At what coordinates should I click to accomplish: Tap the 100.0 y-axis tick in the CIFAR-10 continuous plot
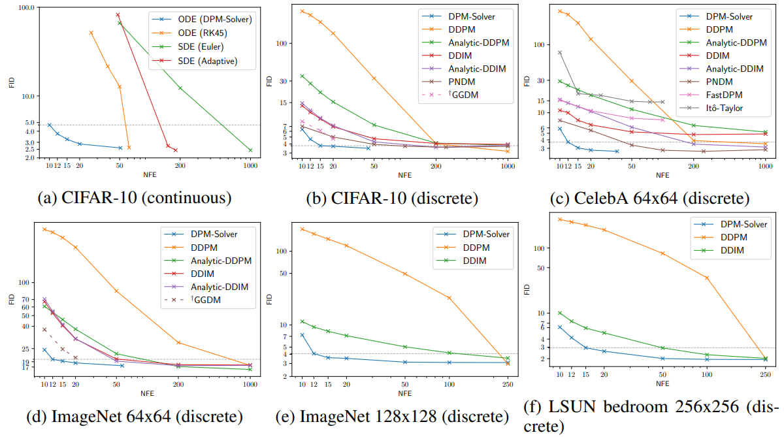coord(25,8)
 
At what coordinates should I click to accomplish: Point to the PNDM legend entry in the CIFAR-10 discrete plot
coord(463,82)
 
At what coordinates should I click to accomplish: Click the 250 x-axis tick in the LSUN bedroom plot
coord(766,374)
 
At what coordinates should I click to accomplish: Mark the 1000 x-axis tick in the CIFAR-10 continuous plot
coord(250,166)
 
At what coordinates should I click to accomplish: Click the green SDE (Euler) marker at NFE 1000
coord(250,150)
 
